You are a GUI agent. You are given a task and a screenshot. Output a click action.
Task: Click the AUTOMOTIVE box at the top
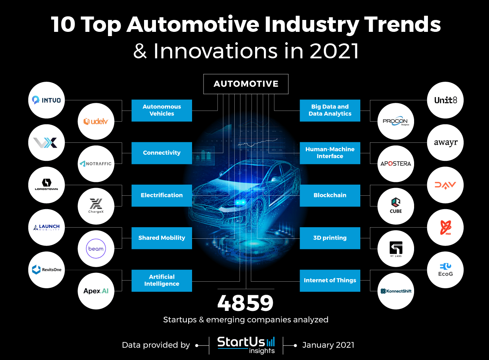[x=246, y=84]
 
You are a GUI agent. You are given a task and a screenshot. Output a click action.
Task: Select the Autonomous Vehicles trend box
[x=162, y=111]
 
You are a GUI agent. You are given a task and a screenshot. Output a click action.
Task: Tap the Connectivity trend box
[x=162, y=153]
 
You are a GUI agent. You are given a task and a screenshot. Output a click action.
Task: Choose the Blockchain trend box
[x=330, y=195]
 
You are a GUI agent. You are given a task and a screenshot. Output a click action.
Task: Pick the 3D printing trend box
[x=330, y=238]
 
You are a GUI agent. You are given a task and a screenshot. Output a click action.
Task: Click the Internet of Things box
[x=330, y=281]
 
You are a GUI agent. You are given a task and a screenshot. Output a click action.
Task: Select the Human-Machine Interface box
[x=330, y=153]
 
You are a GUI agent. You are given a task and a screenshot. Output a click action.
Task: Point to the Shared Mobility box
[x=162, y=238]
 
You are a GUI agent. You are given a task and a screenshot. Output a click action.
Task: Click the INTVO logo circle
[x=46, y=100]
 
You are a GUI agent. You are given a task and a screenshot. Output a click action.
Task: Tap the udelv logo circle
[x=96, y=121]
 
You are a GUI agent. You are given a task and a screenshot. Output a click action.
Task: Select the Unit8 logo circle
[x=445, y=100]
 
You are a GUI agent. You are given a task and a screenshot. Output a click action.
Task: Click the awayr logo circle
[x=445, y=143]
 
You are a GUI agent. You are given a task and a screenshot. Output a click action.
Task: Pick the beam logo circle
[x=96, y=249]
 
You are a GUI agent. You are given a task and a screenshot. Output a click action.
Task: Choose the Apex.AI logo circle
[x=96, y=291]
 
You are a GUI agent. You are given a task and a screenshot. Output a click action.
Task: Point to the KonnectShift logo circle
[x=396, y=291]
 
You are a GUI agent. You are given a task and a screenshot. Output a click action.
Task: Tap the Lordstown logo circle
[x=46, y=185]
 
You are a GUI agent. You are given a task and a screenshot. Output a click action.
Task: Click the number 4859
[x=245, y=303]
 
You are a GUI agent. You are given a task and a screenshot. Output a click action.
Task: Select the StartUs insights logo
[x=246, y=345]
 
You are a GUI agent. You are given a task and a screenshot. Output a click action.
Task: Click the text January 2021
[x=328, y=345]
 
